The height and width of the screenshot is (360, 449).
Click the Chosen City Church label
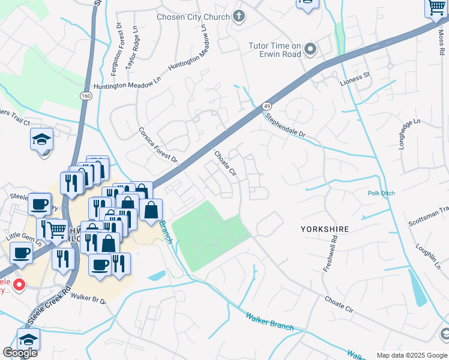(x=193, y=17)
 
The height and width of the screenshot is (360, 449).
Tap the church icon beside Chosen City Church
(x=239, y=16)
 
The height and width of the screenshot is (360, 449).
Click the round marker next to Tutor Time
(x=310, y=49)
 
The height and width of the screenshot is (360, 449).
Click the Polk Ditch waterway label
(x=382, y=193)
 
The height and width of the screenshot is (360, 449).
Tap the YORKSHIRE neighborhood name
(x=324, y=229)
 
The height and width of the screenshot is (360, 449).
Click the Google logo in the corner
(x=20, y=353)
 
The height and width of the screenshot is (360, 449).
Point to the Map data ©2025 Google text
(x=411, y=355)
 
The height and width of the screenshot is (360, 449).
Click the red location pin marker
(x=19, y=284)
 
